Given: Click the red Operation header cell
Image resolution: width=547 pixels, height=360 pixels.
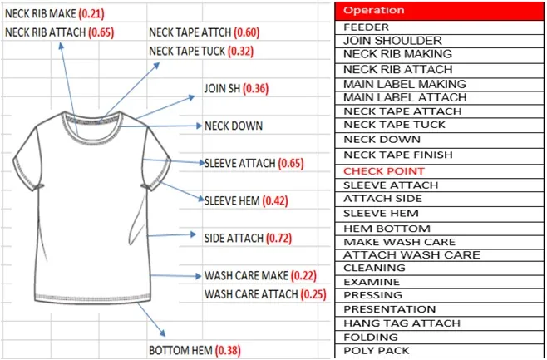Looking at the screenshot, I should coord(440,11).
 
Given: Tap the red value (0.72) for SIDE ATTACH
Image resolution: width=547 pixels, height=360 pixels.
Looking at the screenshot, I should coord(279,239).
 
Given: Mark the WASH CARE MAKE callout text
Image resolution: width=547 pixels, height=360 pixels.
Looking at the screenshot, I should coord(246,275).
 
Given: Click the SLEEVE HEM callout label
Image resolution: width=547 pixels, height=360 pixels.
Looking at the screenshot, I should coord(232,200).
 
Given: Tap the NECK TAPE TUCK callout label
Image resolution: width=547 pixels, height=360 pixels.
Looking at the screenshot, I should coord(189,51).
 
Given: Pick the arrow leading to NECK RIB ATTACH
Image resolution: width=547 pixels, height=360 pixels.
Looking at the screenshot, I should coord(67,79).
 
